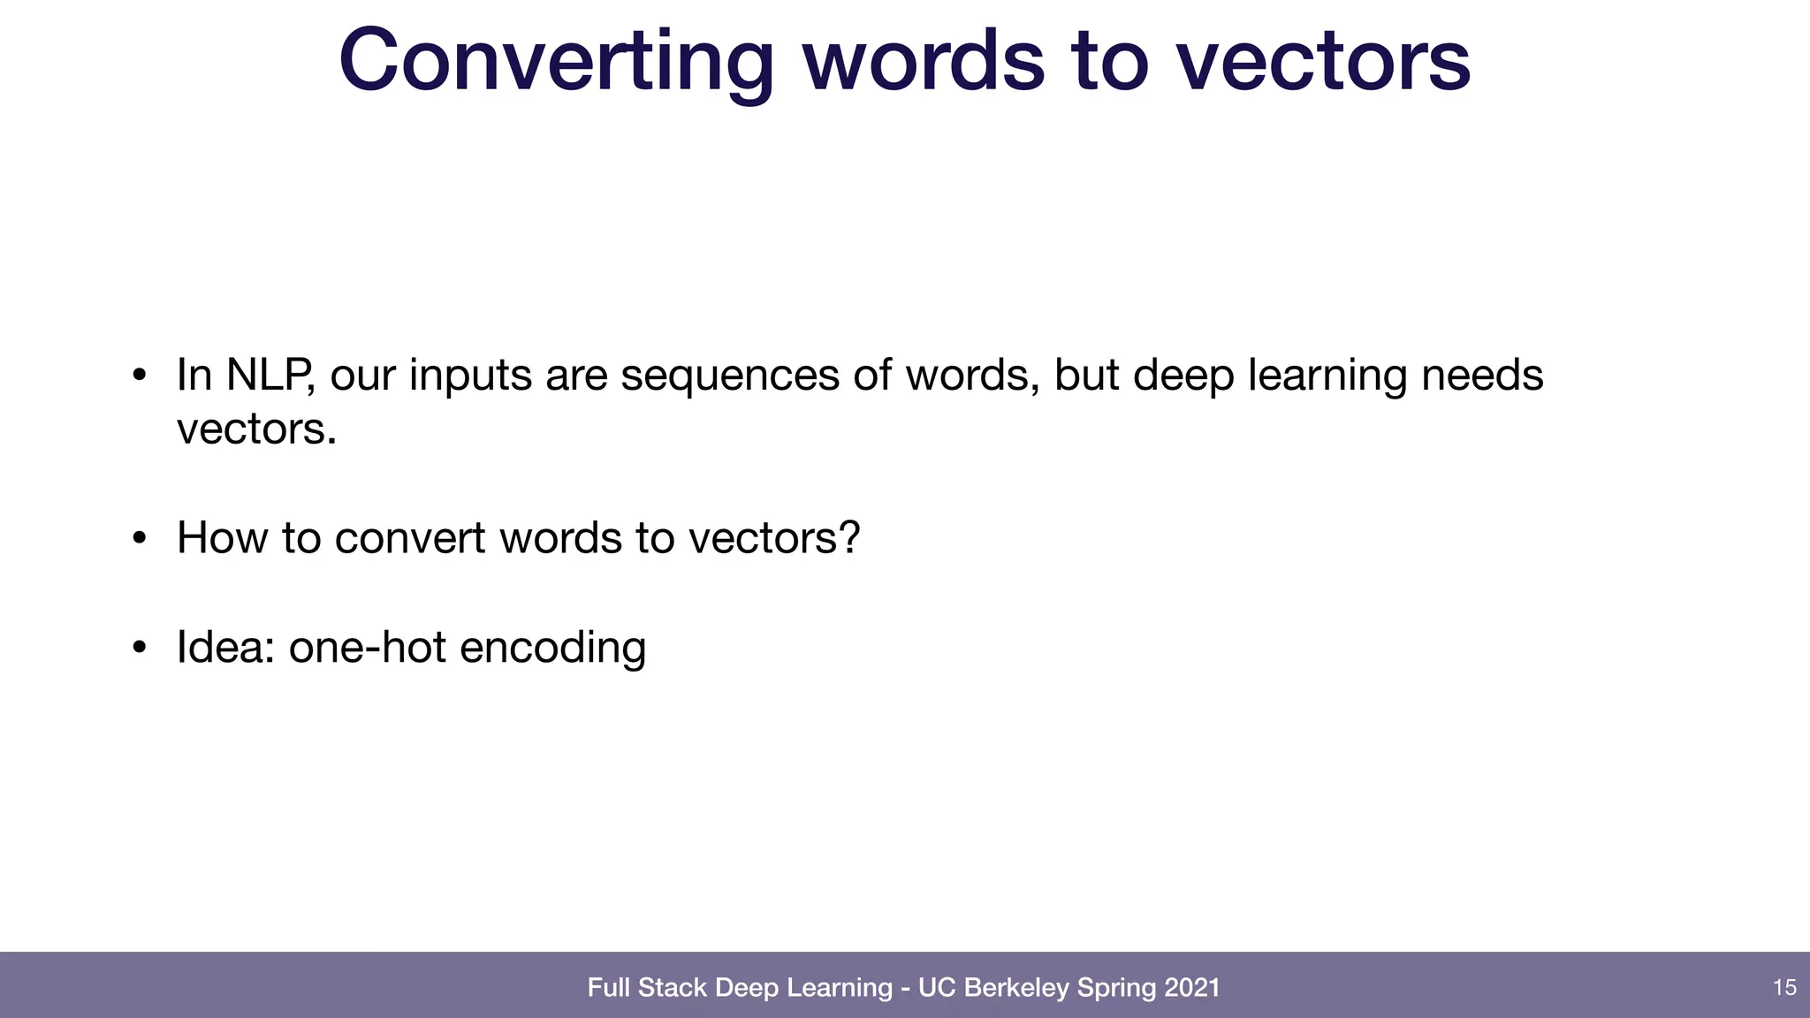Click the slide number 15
pyautogui.click(x=1784, y=987)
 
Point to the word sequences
pyautogui.click(x=729, y=375)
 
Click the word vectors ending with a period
pyautogui.click(x=256, y=429)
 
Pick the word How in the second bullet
pyautogui.click(x=221, y=537)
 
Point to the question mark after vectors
pyautogui.click(x=849, y=537)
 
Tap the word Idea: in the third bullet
pyautogui.click(x=225, y=647)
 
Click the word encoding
pyautogui.click(x=552, y=649)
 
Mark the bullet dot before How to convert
pyautogui.click(x=139, y=538)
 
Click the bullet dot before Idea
pyautogui.click(x=139, y=648)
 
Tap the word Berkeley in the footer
pyautogui.click(x=1016, y=987)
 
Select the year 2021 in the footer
pyautogui.click(x=1192, y=987)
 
